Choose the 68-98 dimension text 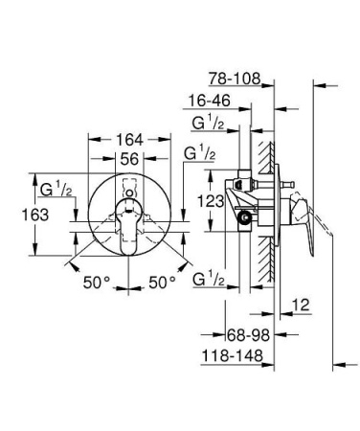tap(236, 336)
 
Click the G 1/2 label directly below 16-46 tap(209, 123)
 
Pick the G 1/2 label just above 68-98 tap(209, 280)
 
